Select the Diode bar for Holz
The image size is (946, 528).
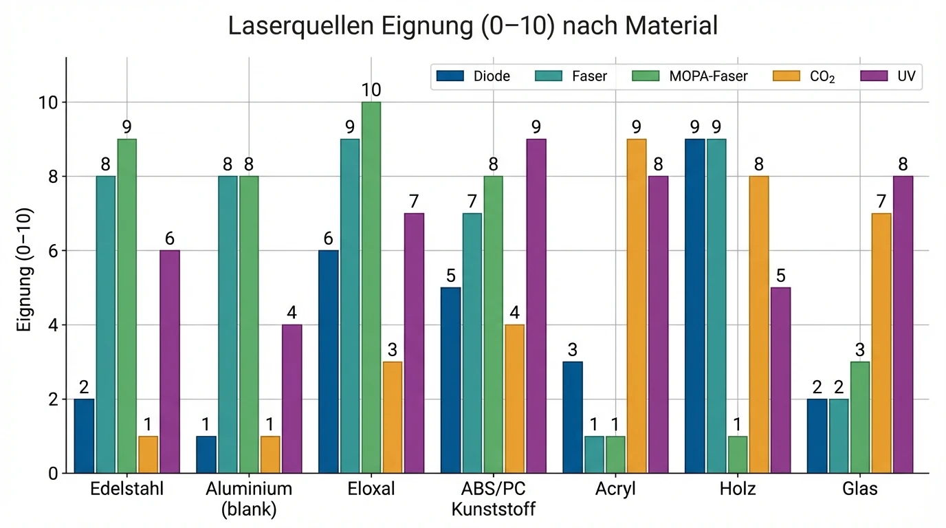click(x=695, y=306)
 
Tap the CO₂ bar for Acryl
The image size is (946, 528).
click(x=636, y=306)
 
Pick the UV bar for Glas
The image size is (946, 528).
click(x=902, y=324)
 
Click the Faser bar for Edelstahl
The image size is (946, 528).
click(x=106, y=324)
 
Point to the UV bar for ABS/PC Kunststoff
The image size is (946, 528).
click(x=536, y=306)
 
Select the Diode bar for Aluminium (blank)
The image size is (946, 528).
click(x=206, y=454)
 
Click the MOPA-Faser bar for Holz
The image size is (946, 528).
click(x=737, y=454)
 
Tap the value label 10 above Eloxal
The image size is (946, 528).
click(x=371, y=90)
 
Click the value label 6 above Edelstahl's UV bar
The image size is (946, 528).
click(x=170, y=239)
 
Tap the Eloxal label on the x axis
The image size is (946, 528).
click(x=371, y=489)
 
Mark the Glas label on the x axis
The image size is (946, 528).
click(x=860, y=489)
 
